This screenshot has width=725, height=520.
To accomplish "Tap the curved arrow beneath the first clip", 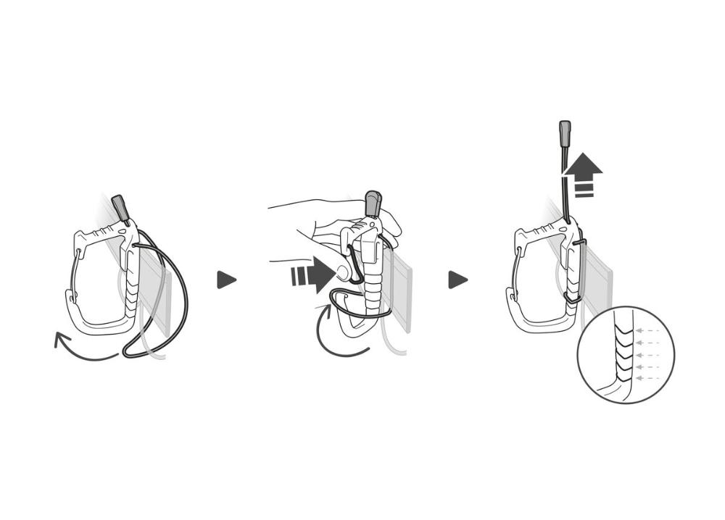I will click(84, 348).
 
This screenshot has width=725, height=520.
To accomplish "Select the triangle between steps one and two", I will click(226, 280).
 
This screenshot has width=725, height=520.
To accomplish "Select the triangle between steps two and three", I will click(457, 280).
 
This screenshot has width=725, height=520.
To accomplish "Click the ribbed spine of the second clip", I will click(373, 282).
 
